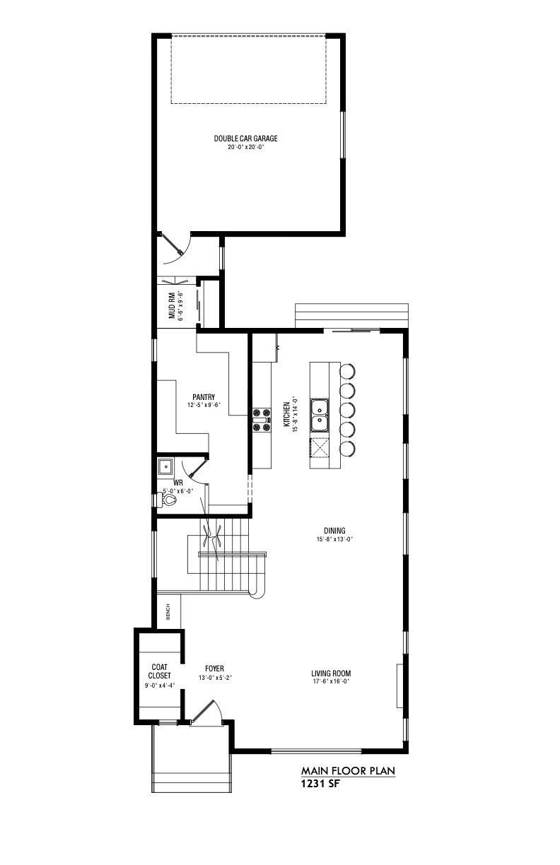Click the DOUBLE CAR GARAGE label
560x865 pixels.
(x=246, y=139)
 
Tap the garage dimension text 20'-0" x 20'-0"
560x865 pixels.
(x=246, y=147)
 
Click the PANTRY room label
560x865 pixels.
(x=204, y=397)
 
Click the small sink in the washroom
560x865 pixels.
(x=165, y=466)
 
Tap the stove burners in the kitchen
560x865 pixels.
(x=262, y=420)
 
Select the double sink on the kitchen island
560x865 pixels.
(x=320, y=415)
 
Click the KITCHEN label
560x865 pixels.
(x=287, y=414)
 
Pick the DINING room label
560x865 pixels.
(x=334, y=531)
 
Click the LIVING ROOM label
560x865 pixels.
(x=331, y=673)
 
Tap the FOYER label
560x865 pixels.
(x=214, y=669)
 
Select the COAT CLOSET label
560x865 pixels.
(x=160, y=671)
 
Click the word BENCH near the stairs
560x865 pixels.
(x=168, y=612)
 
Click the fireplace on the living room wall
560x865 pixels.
(x=400, y=685)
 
